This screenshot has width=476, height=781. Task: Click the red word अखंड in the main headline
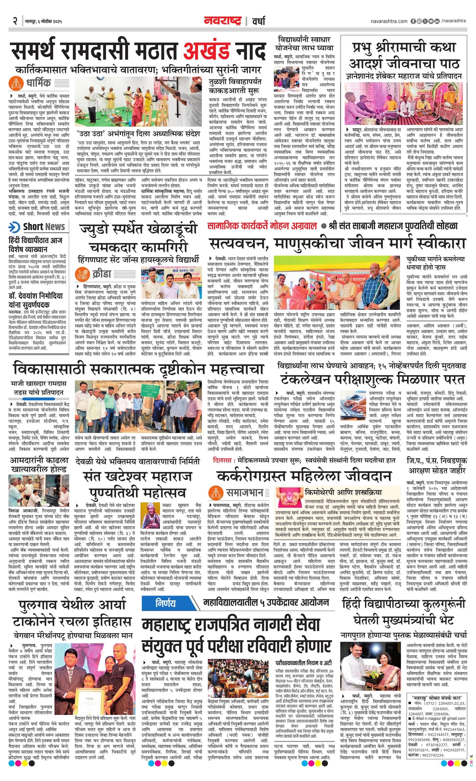coord(206,50)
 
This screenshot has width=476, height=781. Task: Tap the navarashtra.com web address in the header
coord(389,21)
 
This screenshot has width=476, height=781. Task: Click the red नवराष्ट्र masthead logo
coord(223,21)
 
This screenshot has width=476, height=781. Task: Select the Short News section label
coord(44,227)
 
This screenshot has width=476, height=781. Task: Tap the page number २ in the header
coord(15,21)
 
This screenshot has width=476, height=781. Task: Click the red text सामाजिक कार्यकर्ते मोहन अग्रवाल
coord(262,226)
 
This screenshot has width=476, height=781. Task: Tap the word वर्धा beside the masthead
coord(259,21)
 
